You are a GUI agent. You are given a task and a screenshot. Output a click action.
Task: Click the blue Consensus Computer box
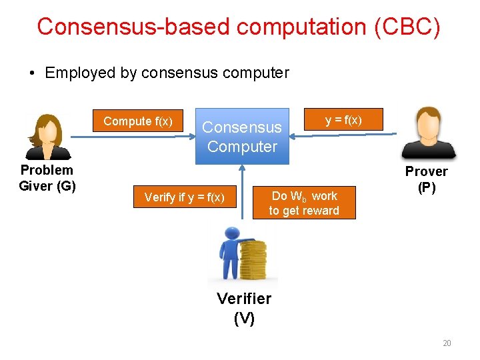click(x=242, y=137)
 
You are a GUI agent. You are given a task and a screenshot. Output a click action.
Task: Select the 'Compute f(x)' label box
click(x=138, y=121)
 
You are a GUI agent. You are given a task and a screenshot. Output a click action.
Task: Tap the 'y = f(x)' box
click(x=343, y=120)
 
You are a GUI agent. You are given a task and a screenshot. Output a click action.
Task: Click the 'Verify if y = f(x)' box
click(x=185, y=197)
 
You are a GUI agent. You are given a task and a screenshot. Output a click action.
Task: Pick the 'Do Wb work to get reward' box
click(x=303, y=203)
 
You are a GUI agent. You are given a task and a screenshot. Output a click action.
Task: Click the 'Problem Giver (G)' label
click(x=47, y=178)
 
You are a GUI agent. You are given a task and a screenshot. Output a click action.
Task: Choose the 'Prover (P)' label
click(x=427, y=179)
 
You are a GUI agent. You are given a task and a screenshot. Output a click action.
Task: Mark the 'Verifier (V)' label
click(x=244, y=308)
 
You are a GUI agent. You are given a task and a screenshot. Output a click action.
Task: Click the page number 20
click(x=447, y=343)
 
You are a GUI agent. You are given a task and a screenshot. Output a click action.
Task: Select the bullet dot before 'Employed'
click(x=33, y=73)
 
